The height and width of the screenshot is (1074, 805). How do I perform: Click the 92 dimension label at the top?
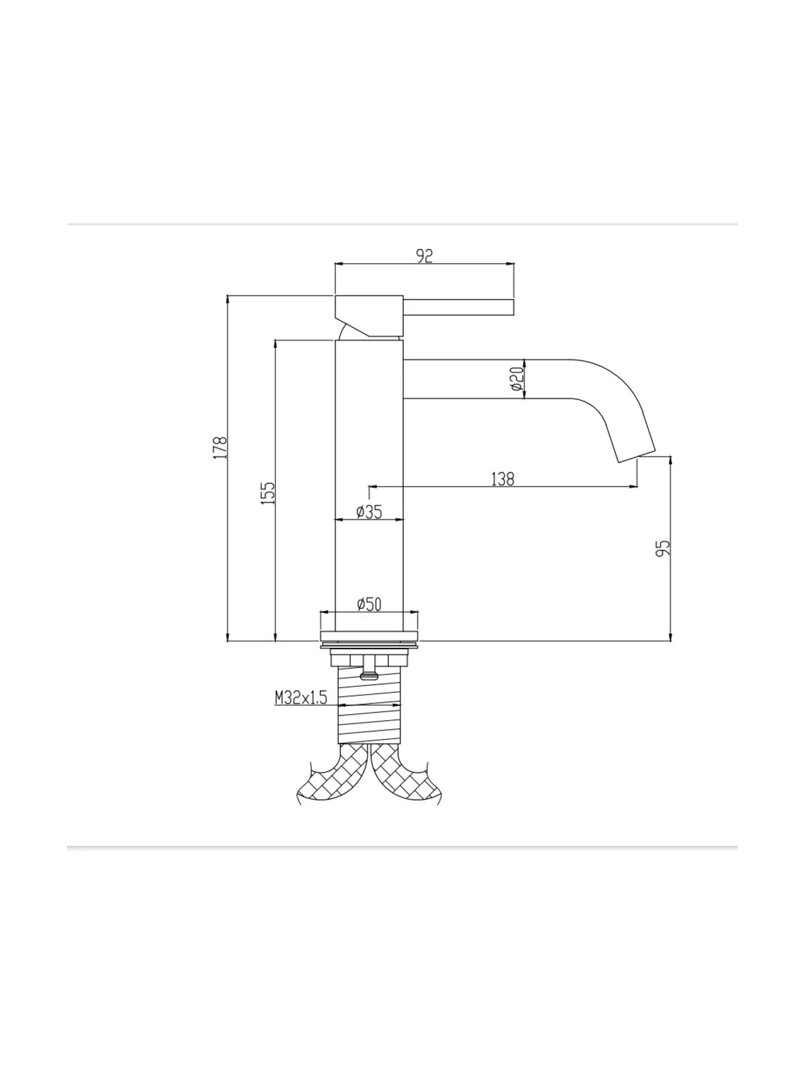(425, 256)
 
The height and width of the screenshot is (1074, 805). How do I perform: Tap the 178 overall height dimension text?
(220, 447)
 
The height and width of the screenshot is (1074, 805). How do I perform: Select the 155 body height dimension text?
(268, 493)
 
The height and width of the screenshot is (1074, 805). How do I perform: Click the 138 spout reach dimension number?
(503, 479)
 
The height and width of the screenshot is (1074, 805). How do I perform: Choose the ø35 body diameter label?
(369, 511)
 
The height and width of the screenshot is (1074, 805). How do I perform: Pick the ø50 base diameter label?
(369, 604)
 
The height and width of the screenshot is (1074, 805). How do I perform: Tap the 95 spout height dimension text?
(662, 548)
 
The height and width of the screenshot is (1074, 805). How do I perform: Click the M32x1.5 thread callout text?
(301, 697)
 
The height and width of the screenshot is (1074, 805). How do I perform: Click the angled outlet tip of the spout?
(637, 456)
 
